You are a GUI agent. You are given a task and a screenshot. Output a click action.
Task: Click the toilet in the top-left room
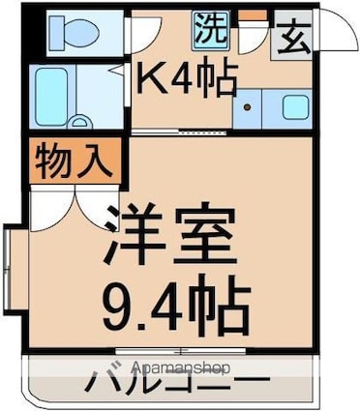[x=75, y=32]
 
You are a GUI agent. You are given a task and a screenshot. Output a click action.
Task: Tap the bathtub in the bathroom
[x=51, y=97]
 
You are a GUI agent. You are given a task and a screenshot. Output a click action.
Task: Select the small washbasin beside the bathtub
[x=80, y=122]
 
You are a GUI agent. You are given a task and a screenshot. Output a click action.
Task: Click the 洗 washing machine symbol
[x=212, y=31]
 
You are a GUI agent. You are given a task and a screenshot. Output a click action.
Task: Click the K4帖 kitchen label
[x=186, y=75]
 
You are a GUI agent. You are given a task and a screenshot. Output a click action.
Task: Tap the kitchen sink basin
[x=295, y=107]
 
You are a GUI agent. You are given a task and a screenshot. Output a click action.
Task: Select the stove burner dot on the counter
[x=248, y=107]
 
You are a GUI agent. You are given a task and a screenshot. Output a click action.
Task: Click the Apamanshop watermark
[x=181, y=367]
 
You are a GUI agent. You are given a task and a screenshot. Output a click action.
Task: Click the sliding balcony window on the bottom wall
[x=180, y=351]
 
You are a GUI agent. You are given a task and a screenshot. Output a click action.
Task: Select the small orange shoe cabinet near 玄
[x=253, y=15]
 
